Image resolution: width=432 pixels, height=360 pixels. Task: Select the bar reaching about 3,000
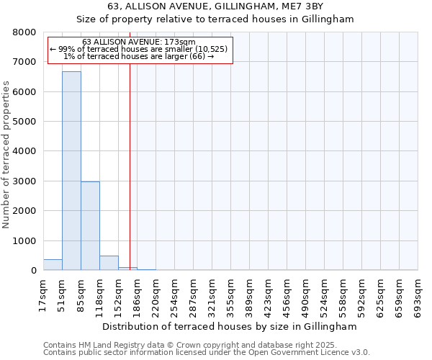pyautogui.click(x=90, y=225)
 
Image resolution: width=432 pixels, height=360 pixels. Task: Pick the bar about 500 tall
pyautogui.click(x=109, y=263)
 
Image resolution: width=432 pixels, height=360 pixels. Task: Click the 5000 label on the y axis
pyautogui.click(x=24, y=122)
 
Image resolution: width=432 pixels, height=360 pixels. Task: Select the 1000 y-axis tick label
pyautogui.click(x=24, y=241)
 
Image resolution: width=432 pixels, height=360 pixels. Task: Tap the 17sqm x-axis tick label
pyautogui.click(x=43, y=293)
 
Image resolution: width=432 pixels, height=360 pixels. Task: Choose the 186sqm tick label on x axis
pyautogui.click(x=137, y=294)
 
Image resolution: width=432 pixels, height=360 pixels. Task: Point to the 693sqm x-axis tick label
pyautogui.click(x=418, y=294)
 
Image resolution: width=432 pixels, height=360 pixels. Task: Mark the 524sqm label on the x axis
pyautogui.click(x=324, y=294)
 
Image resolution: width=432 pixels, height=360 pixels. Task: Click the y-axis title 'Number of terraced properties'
pyautogui.click(x=6, y=155)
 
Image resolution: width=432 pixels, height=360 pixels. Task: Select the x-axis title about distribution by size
pyautogui.click(x=230, y=326)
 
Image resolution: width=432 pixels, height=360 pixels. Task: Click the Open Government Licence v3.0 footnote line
pyautogui.click(x=207, y=353)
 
